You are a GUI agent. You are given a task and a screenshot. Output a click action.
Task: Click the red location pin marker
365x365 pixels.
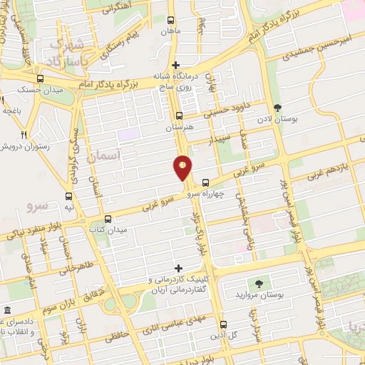182,168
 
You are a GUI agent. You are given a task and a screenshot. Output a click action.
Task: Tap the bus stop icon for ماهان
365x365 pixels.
170,21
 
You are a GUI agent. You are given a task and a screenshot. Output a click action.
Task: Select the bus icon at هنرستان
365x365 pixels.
179,115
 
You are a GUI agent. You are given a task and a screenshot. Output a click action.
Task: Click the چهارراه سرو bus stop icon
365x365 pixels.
205,182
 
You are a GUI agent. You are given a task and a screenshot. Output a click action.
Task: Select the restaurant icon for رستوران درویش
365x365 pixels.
24,135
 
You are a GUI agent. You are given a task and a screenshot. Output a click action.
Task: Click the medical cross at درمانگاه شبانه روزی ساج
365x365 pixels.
176,65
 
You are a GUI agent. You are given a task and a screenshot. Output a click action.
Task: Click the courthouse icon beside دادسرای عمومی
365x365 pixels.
7,310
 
